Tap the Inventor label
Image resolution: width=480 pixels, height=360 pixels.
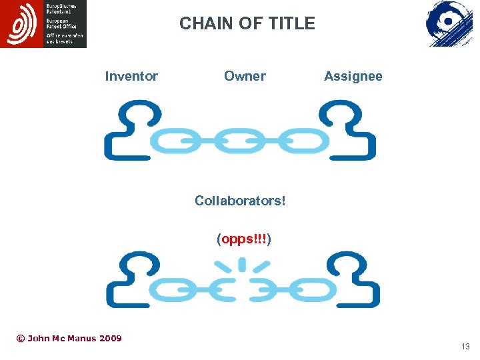click(131, 76)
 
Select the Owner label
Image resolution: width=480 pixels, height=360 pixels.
click(245, 76)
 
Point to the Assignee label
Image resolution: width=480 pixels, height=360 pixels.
click(353, 76)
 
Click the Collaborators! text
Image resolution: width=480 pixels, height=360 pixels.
click(240, 200)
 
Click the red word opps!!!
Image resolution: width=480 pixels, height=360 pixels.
click(244, 239)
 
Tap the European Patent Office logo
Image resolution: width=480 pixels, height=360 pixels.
click(43, 24)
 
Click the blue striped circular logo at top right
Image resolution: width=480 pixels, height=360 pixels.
click(449, 23)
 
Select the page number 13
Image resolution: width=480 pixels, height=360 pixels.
click(465, 347)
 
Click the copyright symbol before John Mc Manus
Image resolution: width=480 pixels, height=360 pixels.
click(20, 339)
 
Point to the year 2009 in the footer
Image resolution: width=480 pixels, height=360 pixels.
click(110, 339)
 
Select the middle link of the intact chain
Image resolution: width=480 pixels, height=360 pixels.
click(240, 141)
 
